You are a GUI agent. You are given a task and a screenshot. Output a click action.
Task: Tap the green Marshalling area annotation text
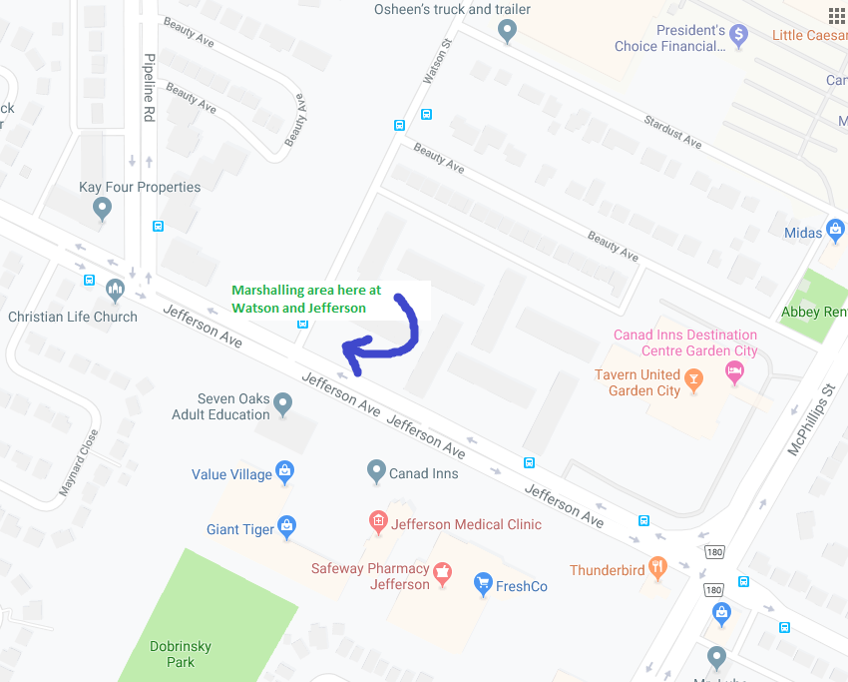coord(306,299)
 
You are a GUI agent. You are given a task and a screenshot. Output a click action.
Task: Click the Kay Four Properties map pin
coord(101,209)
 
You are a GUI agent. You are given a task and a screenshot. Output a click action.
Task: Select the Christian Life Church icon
coord(115,290)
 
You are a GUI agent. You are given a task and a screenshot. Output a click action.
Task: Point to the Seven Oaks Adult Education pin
coord(283,403)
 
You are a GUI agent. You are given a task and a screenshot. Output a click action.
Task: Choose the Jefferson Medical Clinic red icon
coord(378,520)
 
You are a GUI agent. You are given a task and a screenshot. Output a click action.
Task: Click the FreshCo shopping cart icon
coord(483,582)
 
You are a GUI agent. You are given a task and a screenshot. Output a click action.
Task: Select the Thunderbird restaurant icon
coord(657,567)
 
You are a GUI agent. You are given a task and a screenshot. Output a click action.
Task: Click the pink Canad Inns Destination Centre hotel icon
coord(735,372)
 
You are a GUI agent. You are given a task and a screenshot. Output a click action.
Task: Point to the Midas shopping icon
coord(836,231)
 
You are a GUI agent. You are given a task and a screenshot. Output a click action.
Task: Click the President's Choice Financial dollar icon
coord(739,36)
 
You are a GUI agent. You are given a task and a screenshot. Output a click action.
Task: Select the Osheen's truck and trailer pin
coord(507,32)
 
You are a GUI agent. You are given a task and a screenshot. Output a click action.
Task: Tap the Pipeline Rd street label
coord(149,88)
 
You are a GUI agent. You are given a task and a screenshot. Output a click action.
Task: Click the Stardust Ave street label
coord(672,132)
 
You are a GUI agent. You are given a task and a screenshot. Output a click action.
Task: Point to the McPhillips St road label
coord(810,420)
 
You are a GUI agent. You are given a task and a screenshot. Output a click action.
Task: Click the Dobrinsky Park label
coord(181,653)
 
